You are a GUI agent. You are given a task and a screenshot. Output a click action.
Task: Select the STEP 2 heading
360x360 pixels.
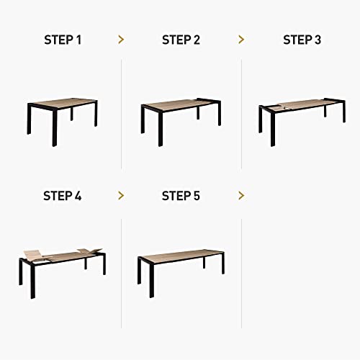tap(181, 40)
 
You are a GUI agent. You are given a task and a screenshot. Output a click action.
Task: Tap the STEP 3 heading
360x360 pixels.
tap(302, 40)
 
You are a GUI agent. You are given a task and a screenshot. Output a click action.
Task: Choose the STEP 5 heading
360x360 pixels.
tap(181, 195)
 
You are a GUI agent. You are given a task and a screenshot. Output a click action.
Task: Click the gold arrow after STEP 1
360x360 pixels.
tap(120, 40)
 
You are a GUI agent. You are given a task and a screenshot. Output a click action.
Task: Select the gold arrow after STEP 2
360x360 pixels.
tap(241, 40)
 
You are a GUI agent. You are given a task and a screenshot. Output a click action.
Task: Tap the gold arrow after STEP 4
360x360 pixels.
tap(120, 195)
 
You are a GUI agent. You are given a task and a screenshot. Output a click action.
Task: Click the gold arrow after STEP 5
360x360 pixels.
tap(241, 195)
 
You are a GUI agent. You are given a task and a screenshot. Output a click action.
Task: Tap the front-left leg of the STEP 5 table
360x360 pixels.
tap(151, 281)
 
